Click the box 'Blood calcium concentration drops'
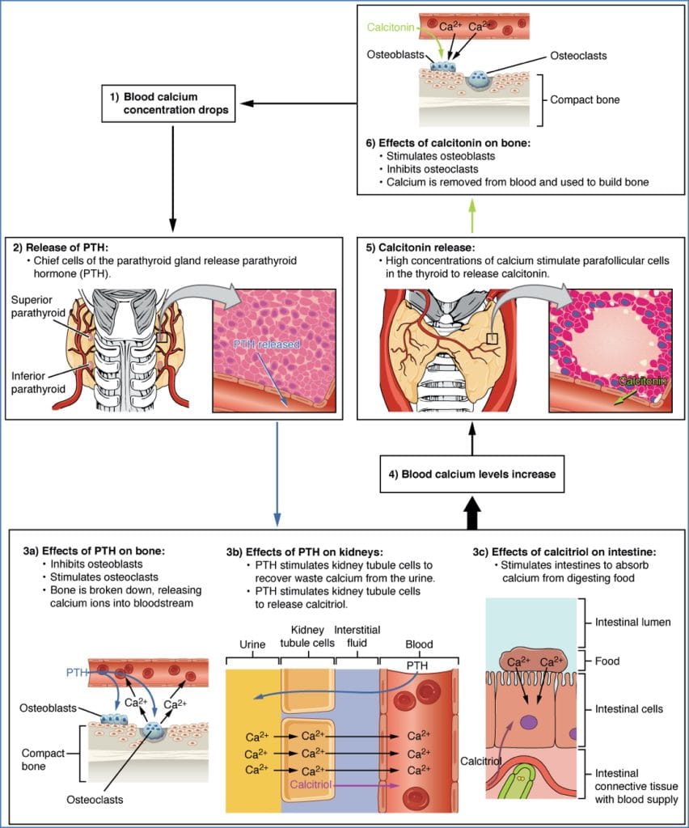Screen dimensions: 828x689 click(169, 103)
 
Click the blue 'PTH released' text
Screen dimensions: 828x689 click(267, 344)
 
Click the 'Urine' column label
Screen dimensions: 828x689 click(251, 644)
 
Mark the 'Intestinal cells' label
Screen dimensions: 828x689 click(628, 709)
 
